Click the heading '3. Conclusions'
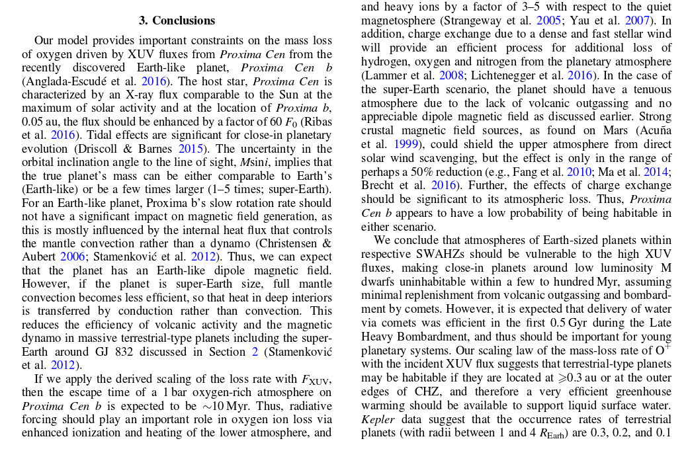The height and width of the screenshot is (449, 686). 177,20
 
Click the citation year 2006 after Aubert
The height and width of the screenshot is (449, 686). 71,256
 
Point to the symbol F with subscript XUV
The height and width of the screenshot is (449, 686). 315,380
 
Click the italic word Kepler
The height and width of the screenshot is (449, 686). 376,419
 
